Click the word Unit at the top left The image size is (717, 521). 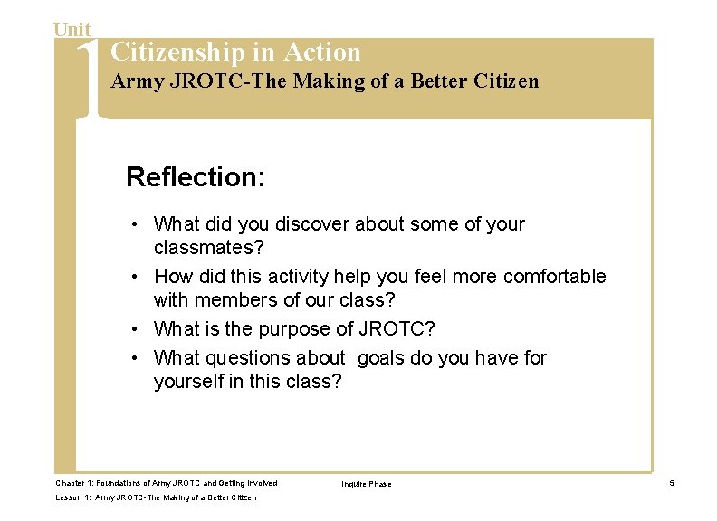[72, 29]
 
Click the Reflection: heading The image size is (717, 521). [196, 176]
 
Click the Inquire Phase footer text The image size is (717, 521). [366, 485]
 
